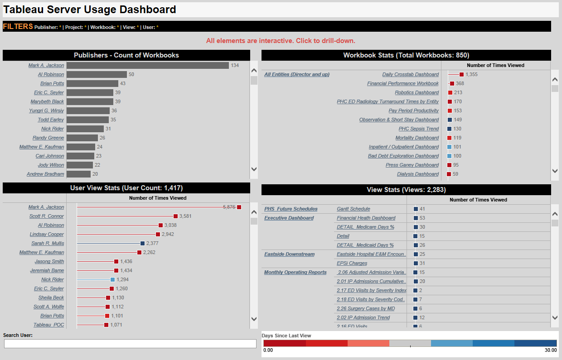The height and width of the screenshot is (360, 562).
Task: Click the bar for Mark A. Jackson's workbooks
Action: pyautogui.click(x=147, y=65)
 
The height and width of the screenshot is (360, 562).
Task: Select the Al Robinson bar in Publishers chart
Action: pyautogui.click(x=97, y=74)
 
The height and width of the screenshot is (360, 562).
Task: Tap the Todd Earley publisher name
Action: pyautogui.click(x=51, y=120)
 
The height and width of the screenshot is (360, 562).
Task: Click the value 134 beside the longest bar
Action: pyautogui.click(x=234, y=65)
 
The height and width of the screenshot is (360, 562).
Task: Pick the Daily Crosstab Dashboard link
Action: pyautogui.click(x=410, y=74)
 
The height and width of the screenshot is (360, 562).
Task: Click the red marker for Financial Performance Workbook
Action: pyautogui.click(x=452, y=83)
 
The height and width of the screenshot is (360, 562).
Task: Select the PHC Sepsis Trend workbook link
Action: pyautogui.click(x=418, y=129)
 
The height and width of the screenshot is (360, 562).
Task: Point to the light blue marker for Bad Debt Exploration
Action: pyautogui.click(x=449, y=156)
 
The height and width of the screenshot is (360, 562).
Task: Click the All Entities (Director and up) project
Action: pyautogui.click(x=297, y=74)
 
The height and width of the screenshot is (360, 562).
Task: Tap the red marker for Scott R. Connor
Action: pyautogui.click(x=175, y=216)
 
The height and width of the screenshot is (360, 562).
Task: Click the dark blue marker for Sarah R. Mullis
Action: pyautogui.click(x=142, y=243)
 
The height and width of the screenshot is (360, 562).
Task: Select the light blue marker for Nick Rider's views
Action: pyautogui.click(x=112, y=279)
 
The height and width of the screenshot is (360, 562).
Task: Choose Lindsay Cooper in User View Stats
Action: pyautogui.click(x=47, y=234)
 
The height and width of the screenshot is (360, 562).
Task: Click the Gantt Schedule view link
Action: pyautogui.click(x=353, y=209)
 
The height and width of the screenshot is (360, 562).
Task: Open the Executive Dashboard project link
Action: pyautogui.click(x=289, y=218)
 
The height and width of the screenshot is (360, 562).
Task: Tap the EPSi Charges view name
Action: pyautogui.click(x=352, y=263)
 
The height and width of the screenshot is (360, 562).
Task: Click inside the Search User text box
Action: pyautogui.click(x=130, y=344)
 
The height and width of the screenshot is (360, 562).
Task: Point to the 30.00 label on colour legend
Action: pyautogui.click(x=551, y=350)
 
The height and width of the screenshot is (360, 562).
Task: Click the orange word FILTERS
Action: pyautogui.click(x=18, y=26)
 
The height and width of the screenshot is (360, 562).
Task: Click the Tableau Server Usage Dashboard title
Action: pyautogui.click(x=90, y=10)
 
